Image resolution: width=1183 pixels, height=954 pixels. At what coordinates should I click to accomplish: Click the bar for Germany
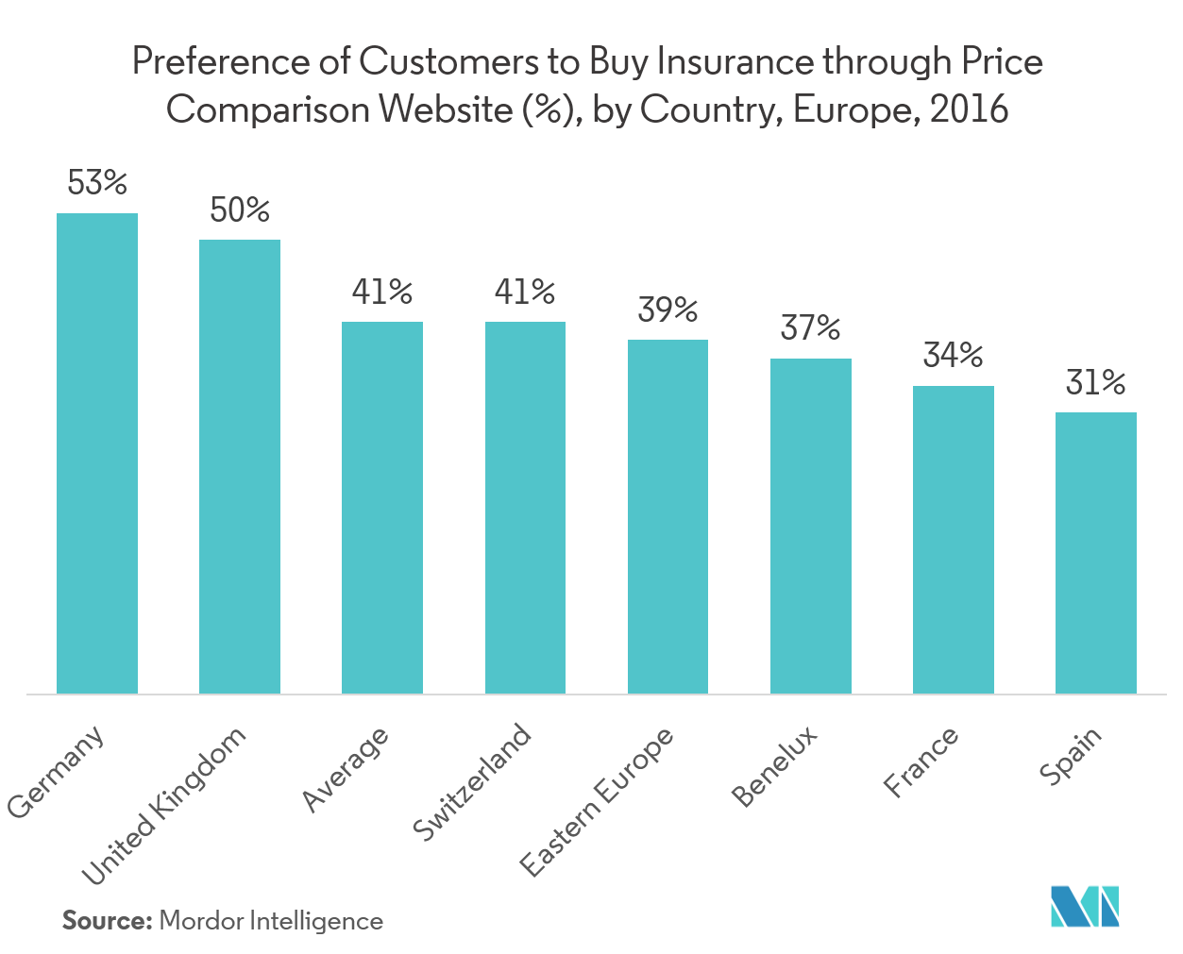click(97, 453)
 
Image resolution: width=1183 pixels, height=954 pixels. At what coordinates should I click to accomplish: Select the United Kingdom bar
click(240, 466)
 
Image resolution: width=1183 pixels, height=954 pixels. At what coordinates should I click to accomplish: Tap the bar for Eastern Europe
click(668, 516)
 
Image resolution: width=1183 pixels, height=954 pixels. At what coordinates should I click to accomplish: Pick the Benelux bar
click(811, 526)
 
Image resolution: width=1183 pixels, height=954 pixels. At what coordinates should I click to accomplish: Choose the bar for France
click(954, 539)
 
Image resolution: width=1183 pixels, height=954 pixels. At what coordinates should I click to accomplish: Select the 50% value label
click(240, 209)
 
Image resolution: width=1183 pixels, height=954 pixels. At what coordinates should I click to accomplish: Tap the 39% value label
click(668, 310)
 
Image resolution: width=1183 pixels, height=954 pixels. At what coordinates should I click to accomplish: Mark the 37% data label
click(811, 328)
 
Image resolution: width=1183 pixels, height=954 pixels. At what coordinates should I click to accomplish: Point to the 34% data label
click(954, 356)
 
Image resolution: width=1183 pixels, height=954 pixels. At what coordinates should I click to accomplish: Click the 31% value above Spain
click(1096, 383)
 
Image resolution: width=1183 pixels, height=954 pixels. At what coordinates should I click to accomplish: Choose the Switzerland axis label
click(473, 782)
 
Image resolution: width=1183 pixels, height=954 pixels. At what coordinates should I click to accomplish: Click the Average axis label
click(346, 769)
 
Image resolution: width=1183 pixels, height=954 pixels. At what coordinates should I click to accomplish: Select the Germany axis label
click(56, 773)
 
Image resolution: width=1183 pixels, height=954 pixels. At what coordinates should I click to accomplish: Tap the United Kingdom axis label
click(164, 807)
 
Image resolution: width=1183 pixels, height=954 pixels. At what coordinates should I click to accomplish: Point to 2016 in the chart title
click(969, 110)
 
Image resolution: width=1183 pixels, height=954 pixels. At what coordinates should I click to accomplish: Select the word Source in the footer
click(107, 921)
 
